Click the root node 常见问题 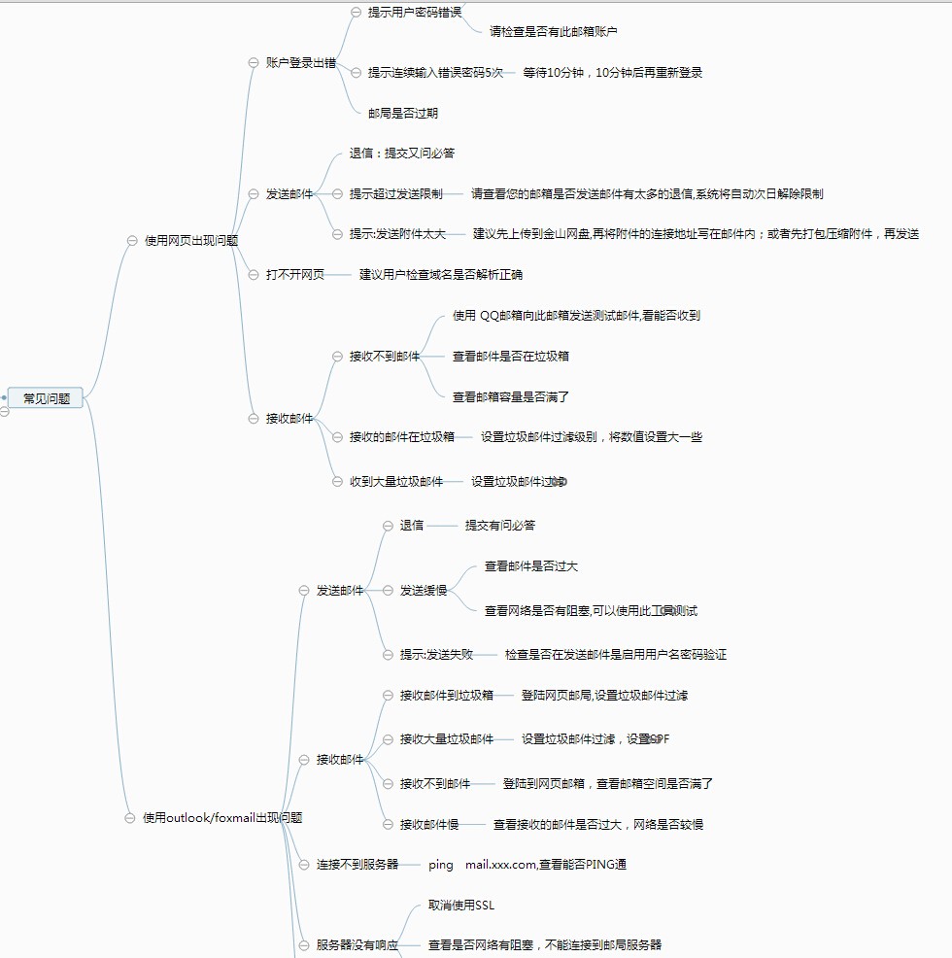(46, 397)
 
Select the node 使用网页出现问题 (190, 240)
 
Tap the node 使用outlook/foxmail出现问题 (221, 817)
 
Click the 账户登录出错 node (300, 62)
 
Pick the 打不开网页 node (295, 274)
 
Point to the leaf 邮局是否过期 (402, 113)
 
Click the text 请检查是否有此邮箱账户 (553, 31)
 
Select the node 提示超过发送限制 (395, 193)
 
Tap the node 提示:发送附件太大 (397, 233)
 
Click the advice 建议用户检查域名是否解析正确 (440, 274)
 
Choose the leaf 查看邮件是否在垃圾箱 (510, 356)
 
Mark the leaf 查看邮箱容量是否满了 (510, 396)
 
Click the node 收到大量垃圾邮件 (396, 481)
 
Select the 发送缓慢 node (424, 590)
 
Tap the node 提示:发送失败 (436, 654)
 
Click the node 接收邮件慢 (428, 824)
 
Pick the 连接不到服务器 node (357, 864)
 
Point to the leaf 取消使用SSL (460, 906)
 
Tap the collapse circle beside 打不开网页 (254, 275)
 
